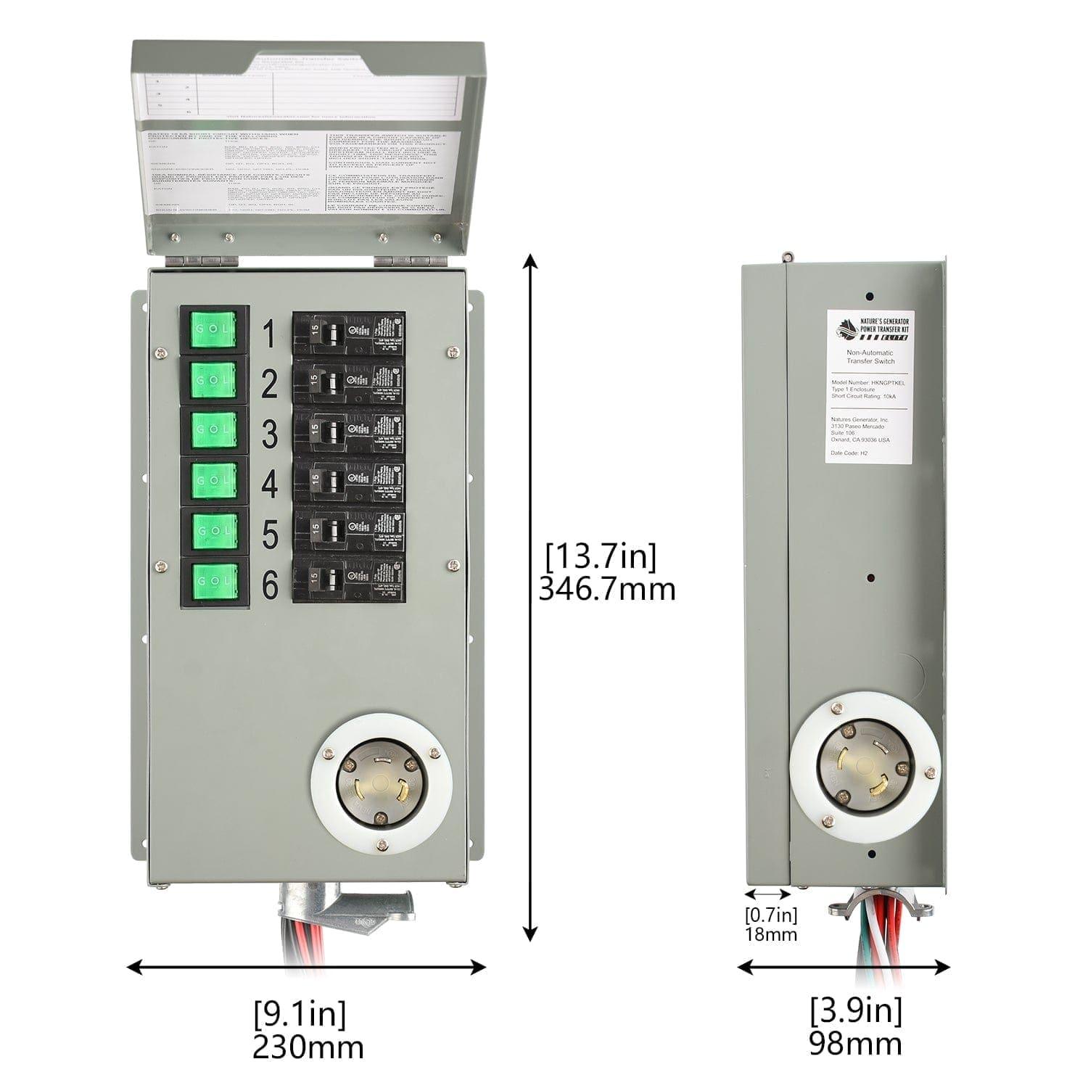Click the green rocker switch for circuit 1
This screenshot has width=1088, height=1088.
click(x=213, y=330)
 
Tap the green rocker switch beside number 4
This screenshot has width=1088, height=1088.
click(x=213, y=480)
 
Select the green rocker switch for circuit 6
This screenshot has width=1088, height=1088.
click(x=213, y=580)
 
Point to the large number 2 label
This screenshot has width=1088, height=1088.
click(x=268, y=384)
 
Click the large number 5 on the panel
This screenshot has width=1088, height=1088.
click(x=268, y=535)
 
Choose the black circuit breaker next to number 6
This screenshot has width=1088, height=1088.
click(x=348, y=580)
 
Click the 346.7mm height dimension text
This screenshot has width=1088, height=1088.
click(x=606, y=589)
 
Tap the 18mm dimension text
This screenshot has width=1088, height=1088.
click(x=771, y=934)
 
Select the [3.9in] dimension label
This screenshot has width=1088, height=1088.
click(x=855, y=1010)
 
